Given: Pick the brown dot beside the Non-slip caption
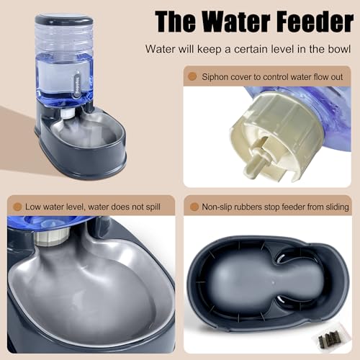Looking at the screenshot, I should (x=193, y=207).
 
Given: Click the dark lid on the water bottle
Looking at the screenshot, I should (x=63, y=19).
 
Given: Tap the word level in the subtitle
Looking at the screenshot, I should (x=262, y=49).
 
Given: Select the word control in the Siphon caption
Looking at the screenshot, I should (x=289, y=75).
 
